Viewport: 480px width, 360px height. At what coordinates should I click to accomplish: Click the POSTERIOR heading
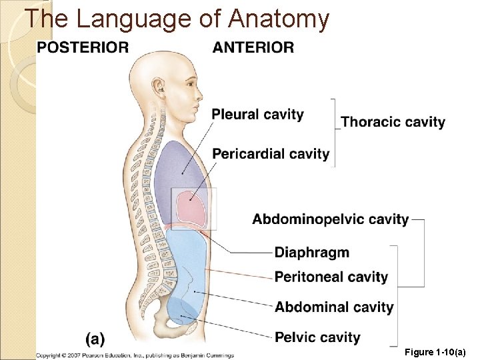(x=83, y=47)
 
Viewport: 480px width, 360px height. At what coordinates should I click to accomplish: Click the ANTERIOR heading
(x=253, y=47)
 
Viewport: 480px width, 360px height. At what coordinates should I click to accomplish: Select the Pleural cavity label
(x=257, y=115)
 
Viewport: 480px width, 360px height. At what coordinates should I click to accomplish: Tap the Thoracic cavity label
(x=393, y=122)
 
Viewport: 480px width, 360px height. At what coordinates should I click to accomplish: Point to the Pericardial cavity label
(x=271, y=154)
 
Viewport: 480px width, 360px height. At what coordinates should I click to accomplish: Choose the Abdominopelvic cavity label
(x=331, y=219)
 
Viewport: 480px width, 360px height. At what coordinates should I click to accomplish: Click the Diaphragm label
(x=312, y=253)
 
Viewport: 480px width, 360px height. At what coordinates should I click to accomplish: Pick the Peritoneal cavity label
(x=331, y=277)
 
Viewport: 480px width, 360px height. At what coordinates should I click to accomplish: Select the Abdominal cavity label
(x=334, y=307)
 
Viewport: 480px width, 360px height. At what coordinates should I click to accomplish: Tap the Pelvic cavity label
(x=317, y=337)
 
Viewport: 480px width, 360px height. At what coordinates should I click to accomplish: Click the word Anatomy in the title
(x=279, y=19)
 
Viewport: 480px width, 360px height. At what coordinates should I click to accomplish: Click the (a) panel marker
(x=95, y=339)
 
